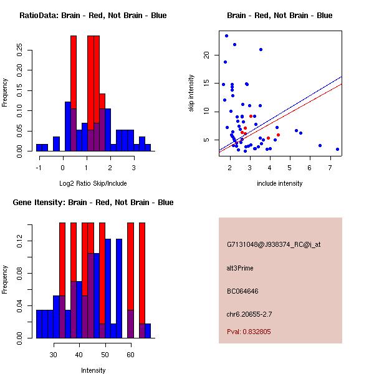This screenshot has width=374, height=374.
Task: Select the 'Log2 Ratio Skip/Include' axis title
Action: (x=93, y=183)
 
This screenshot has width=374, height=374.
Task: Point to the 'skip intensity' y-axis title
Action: (x=192, y=93)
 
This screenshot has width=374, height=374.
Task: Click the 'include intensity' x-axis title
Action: (x=280, y=183)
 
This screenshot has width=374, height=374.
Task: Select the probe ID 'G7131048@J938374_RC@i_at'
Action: (x=274, y=245)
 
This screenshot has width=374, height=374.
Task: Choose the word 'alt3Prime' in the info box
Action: (x=240, y=268)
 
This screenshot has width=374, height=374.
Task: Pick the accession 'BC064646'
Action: (x=242, y=291)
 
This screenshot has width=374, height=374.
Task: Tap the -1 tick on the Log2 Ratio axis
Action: (x=39, y=166)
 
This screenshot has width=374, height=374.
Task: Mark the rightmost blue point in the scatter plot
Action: (x=337, y=150)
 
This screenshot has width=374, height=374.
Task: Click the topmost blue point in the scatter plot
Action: (x=226, y=36)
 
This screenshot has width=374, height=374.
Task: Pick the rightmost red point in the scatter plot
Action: (x=278, y=135)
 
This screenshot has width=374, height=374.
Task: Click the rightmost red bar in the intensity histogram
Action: (x=141, y=280)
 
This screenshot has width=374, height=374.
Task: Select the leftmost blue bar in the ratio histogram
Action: (x=42, y=148)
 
